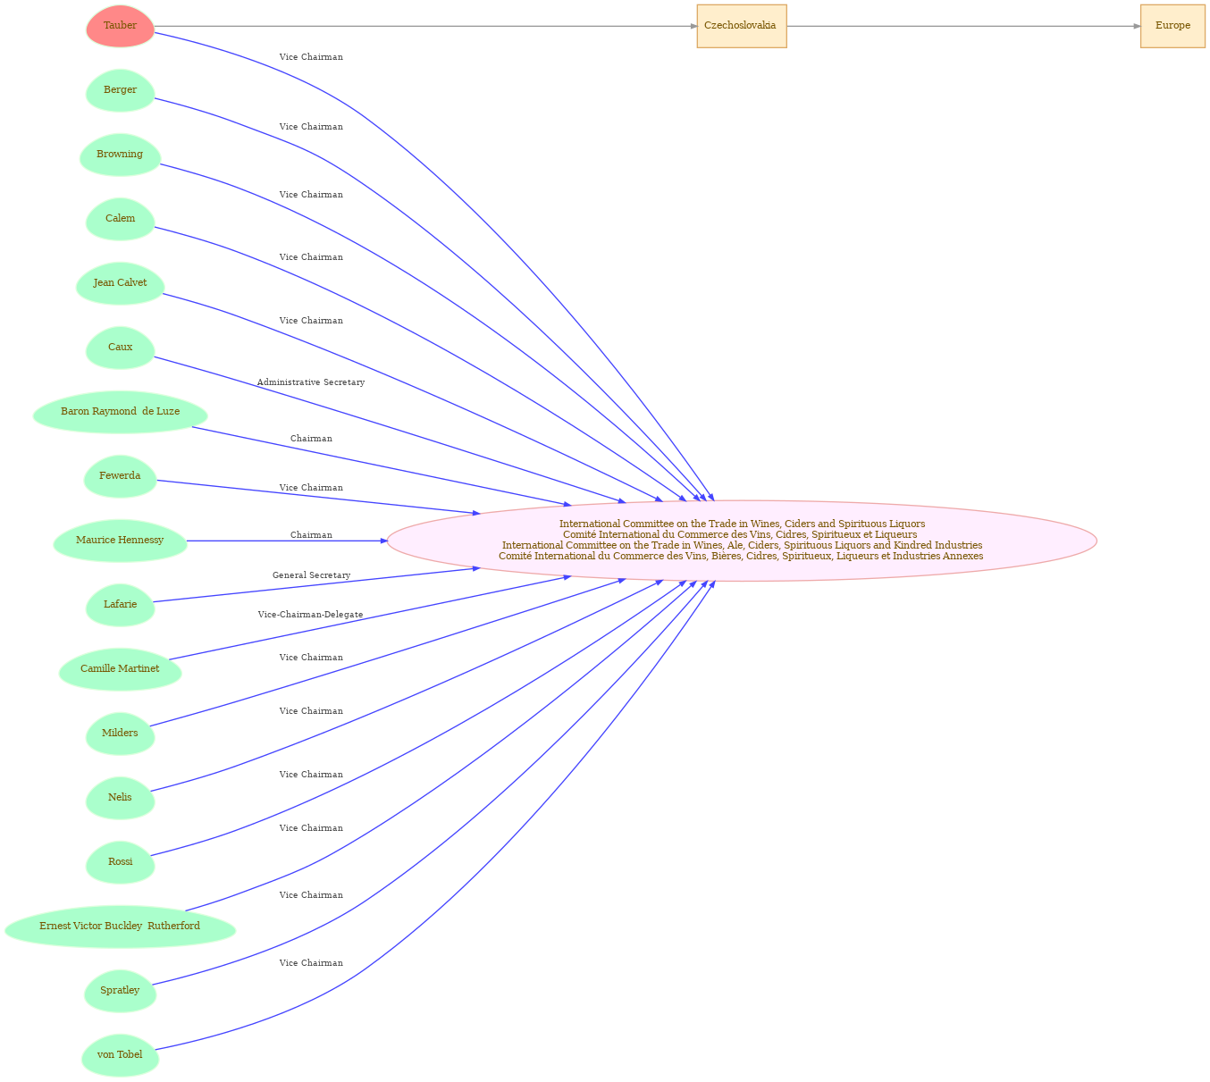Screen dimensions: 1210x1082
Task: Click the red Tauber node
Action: click(x=120, y=26)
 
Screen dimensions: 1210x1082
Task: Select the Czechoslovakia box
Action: click(x=741, y=26)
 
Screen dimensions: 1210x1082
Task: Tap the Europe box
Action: click(x=1172, y=26)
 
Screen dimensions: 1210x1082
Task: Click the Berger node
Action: click(x=120, y=90)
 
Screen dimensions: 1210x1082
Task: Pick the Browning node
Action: click(x=120, y=155)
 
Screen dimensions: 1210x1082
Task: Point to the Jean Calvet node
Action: click(x=120, y=283)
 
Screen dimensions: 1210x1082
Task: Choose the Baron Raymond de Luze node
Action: click(x=120, y=412)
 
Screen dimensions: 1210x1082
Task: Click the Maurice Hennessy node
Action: click(x=120, y=541)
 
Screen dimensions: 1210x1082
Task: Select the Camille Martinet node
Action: click(x=120, y=669)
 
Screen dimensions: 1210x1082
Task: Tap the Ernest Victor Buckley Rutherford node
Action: click(x=120, y=927)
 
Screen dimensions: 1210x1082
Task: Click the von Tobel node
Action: click(x=120, y=1055)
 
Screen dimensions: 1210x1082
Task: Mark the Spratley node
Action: click(x=120, y=991)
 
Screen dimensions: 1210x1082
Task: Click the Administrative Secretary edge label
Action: click(x=311, y=382)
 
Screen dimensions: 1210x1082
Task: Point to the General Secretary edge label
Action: click(x=311, y=575)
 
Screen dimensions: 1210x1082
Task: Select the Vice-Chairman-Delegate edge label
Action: click(x=311, y=615)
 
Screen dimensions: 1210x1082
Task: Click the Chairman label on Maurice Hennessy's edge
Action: click(x=311, y=535)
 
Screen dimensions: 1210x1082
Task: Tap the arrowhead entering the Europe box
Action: click(x=1137, y=26)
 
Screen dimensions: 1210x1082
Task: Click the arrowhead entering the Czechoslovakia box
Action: click(x=693, y=26)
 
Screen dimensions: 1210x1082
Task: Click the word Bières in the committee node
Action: click(x=727, y=556)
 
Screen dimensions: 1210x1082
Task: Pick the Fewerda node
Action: click(x=120, y=476)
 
